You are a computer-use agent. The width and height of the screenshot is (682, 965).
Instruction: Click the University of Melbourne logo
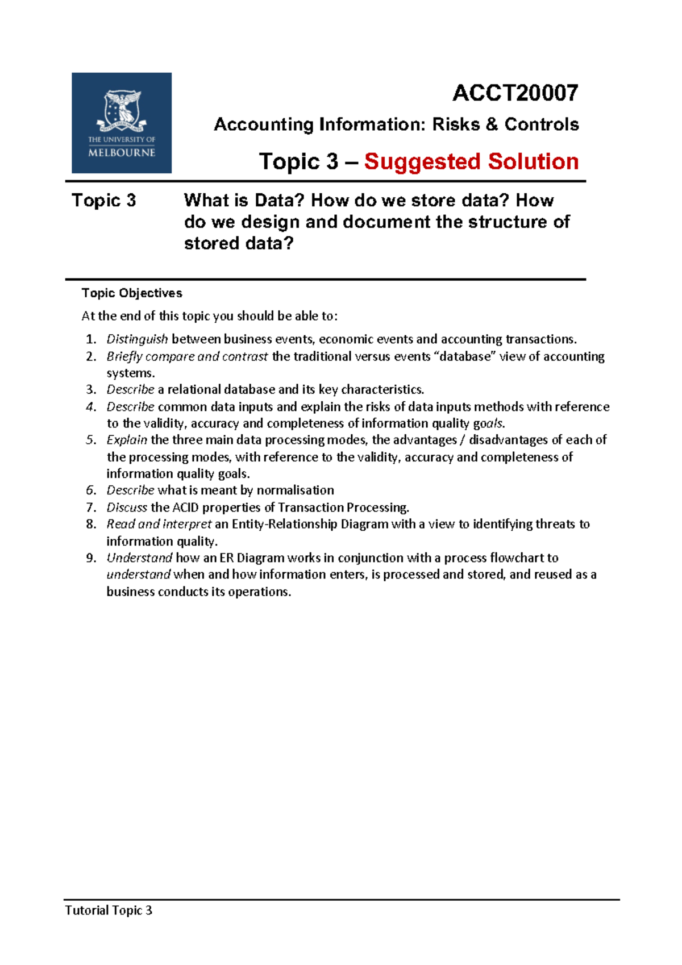click(121, 123)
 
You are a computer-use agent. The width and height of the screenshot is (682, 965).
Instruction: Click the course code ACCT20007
click(515, 93)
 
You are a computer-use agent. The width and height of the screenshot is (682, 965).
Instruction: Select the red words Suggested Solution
click(471, 161)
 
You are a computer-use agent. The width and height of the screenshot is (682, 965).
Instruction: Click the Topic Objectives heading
click(132, 293)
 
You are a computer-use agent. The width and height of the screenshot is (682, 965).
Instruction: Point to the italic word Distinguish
click(137, 339)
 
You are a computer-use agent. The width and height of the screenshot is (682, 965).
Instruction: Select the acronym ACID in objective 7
click(185, 508)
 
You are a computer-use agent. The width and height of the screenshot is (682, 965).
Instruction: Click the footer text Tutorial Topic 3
click(109, 910)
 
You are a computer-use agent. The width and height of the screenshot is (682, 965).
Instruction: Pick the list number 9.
click(91, 558)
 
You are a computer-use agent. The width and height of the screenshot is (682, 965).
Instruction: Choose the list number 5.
click(91, 440)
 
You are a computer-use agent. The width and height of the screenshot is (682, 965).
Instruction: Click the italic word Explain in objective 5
click(127, 440)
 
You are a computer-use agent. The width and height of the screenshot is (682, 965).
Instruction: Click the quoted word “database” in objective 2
click(464, 356)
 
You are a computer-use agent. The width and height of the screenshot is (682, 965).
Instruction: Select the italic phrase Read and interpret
click(159, 524)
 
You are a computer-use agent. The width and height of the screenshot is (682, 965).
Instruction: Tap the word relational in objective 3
click(194, 390)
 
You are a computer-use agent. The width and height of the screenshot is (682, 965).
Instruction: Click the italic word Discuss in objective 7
click(127, 508)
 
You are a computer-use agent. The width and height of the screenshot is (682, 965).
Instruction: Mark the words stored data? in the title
click(239, 243)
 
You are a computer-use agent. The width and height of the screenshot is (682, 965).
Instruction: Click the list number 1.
click(91, 340)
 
